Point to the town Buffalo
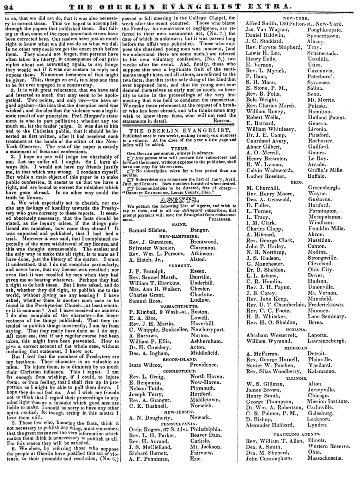318,153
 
